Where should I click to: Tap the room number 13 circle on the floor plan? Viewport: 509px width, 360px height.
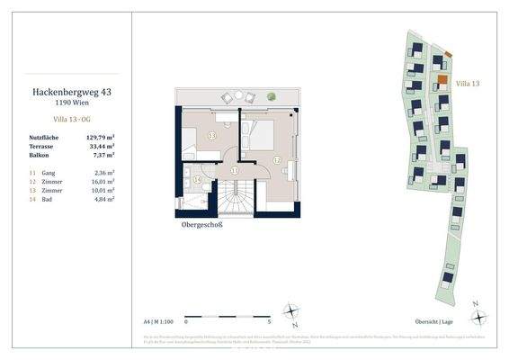tap(212, 135)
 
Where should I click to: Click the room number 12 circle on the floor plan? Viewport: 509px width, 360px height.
tap(276, 160)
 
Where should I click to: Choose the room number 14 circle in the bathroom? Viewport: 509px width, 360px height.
tap(198, 180)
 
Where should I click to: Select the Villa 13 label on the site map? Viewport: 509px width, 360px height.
tap(469, 83)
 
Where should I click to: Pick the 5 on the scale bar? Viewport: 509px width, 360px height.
tap(270, 320)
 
